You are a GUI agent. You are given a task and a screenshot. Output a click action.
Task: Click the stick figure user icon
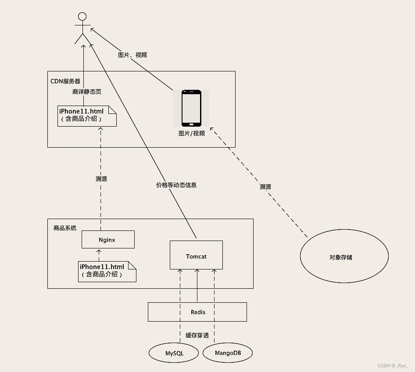tap(81, 28)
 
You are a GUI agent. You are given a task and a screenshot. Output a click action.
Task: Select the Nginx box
tap(107, 240)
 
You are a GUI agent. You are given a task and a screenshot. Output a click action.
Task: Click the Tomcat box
tap(196, 256)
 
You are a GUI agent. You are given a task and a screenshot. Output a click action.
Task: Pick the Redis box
tap(197, 312)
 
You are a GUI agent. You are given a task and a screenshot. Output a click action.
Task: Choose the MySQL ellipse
tap(175, 353)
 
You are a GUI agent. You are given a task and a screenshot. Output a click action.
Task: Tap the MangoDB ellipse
tap(228, 353)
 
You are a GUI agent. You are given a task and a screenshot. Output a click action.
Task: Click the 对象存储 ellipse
tap(344, 257)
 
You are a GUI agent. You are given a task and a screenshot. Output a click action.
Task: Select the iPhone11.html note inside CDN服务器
tap(87, 116)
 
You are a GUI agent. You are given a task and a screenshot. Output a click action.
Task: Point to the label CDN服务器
tap(65, 81)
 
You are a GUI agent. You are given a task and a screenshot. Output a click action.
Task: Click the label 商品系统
tap(65, 228)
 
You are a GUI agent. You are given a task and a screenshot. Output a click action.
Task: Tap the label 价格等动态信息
tap(176, 185)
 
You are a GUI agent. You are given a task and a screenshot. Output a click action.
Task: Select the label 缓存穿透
tap(197, 335)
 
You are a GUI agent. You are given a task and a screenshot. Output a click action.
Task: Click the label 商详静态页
tap(87, 92)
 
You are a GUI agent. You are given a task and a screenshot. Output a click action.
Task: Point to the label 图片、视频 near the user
tap(132, 55)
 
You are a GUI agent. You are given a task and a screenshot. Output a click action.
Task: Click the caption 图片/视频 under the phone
tap(192, 133)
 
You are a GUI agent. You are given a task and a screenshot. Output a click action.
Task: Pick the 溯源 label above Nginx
tap(101, 179)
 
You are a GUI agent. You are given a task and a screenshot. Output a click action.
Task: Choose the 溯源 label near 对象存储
tap(265, 187)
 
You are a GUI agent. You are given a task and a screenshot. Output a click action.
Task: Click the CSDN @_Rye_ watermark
tap(393, 365)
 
